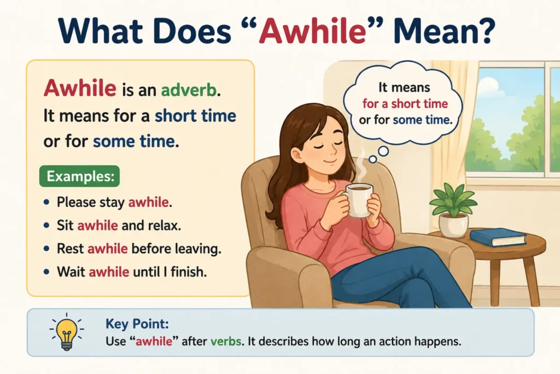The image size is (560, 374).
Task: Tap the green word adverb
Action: [x=189, y=90]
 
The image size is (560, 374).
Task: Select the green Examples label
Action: [x=80, y=176]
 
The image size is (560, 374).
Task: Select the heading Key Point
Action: [x=137, y=324]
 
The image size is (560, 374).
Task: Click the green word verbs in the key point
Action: [x=226, y=341]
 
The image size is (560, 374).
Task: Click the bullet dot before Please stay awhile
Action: [x=46, y=203]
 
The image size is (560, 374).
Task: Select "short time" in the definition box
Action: [x=195, y=116]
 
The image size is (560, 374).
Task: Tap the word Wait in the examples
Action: [x=71, y=272]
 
